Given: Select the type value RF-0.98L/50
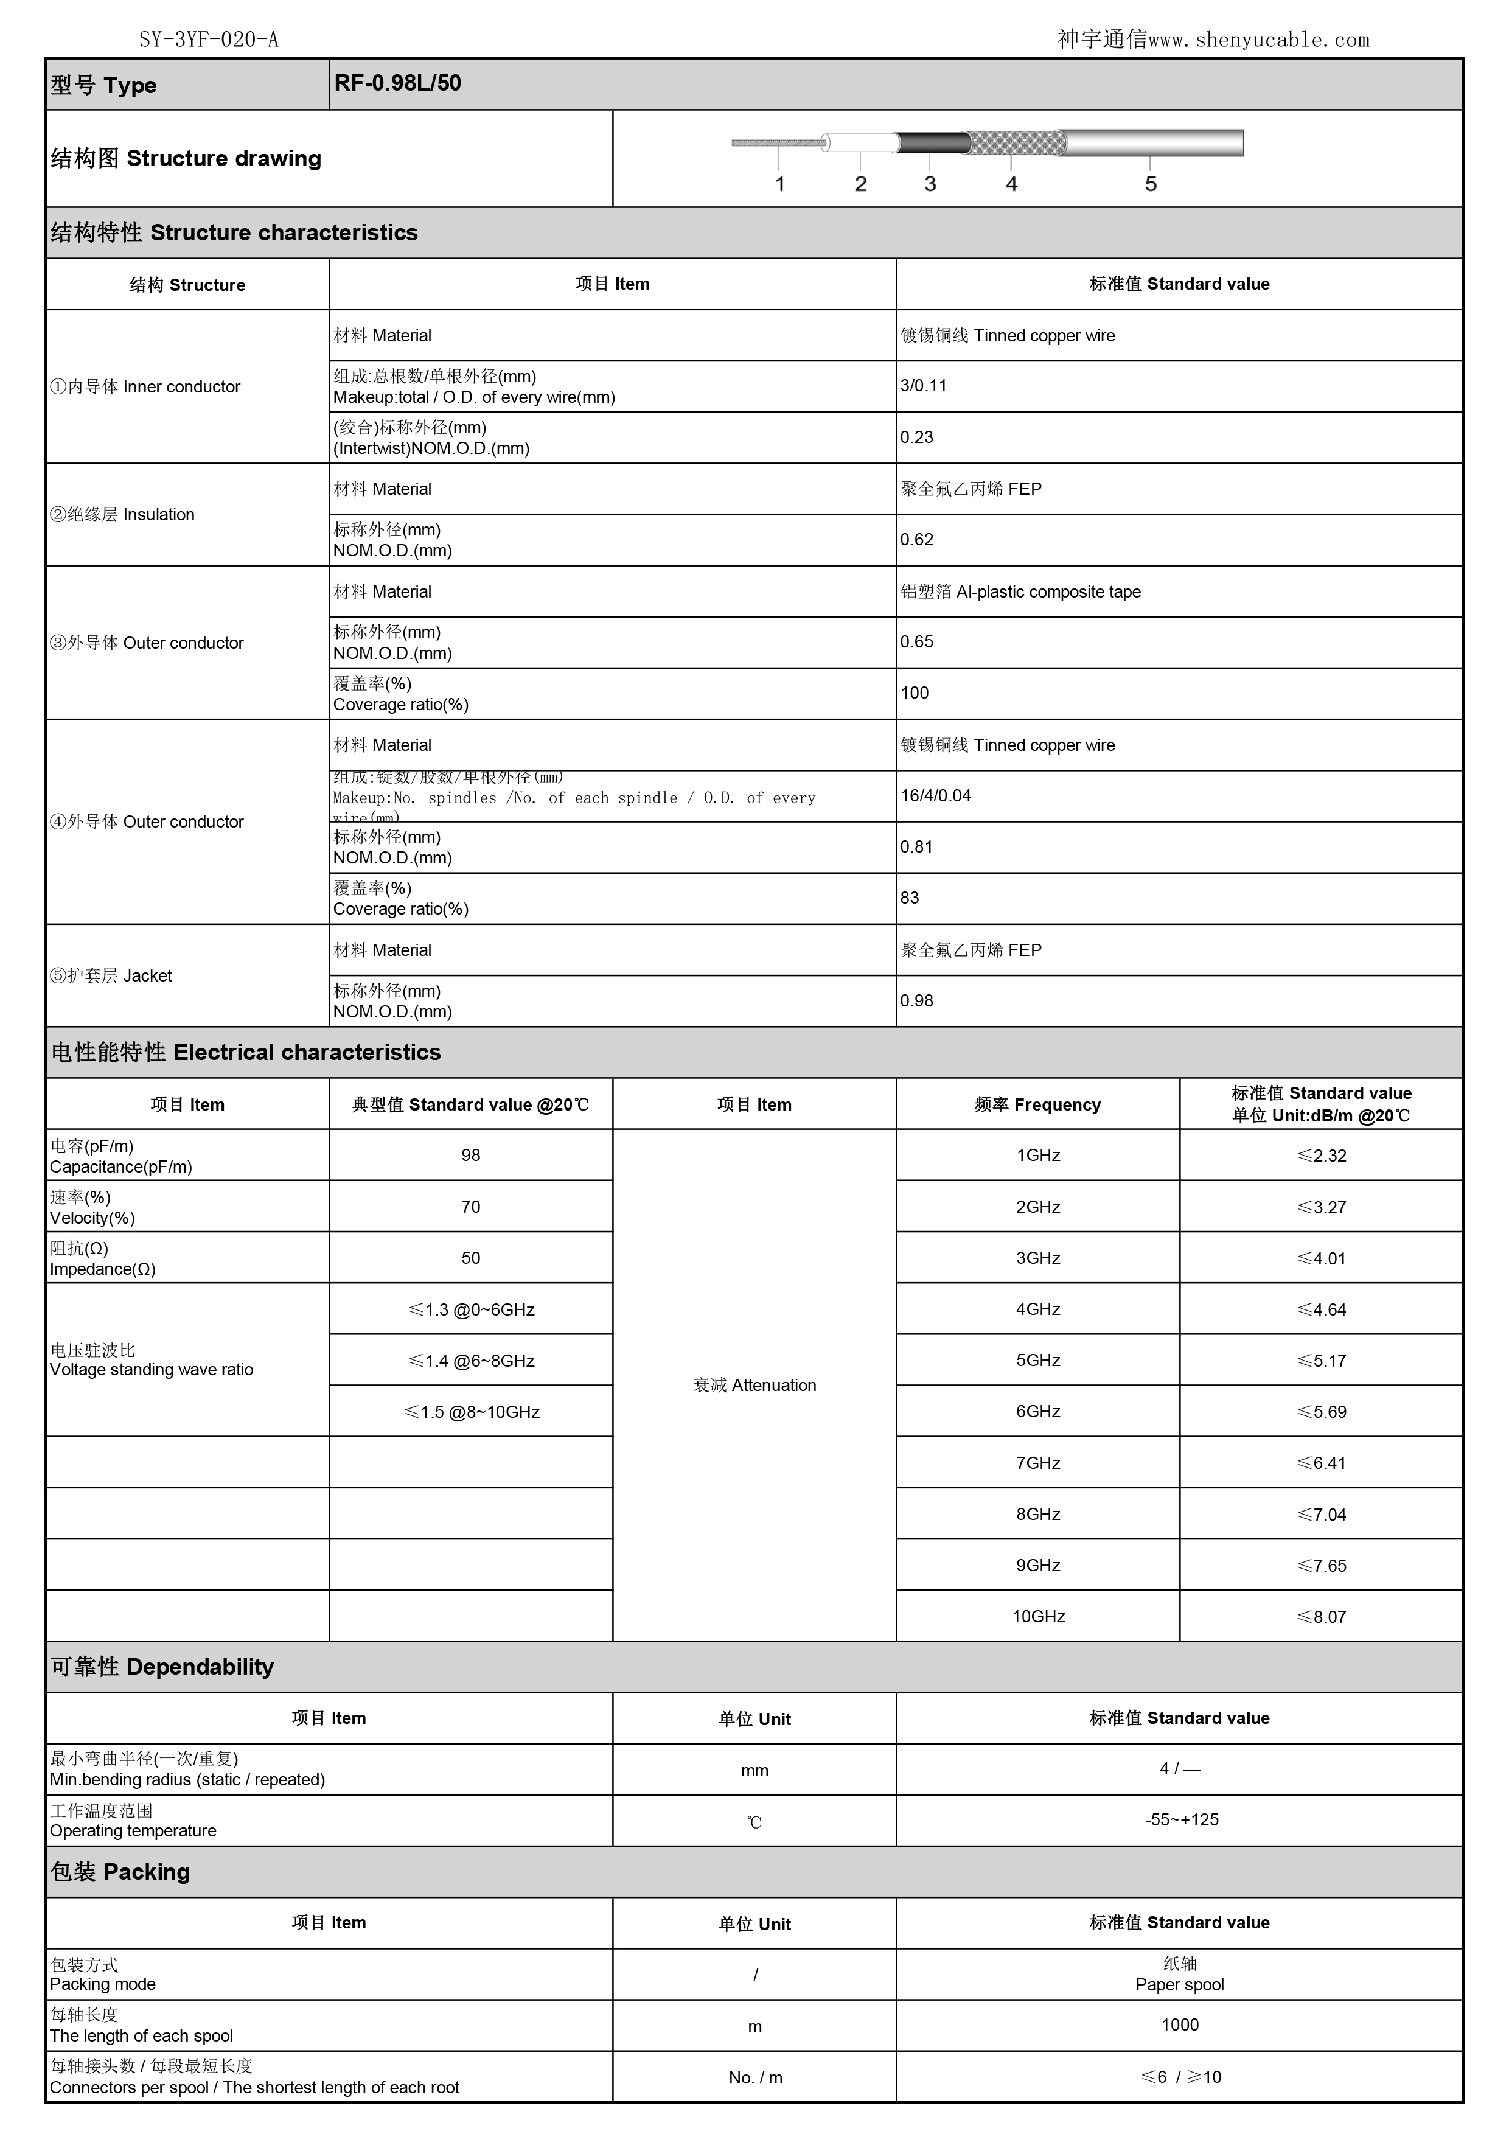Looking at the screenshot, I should point(398,83).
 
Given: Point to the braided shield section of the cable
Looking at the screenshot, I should point(1017,143).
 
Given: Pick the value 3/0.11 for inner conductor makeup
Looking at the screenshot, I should point(924,386).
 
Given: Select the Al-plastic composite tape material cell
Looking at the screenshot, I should point(1020,592).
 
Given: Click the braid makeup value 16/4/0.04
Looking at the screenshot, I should point(936,795).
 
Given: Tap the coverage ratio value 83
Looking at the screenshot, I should point(910,898).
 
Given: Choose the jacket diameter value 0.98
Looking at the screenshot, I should point(916,1001).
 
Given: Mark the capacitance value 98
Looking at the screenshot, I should point(471,1156).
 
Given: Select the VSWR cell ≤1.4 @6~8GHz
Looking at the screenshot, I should point(471,1361).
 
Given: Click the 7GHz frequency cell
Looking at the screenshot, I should point(1038,1463).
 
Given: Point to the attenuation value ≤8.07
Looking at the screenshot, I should point(1322,1617).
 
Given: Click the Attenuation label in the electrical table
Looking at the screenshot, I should point(755,1385).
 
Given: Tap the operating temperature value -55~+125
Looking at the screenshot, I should point(1181,1820).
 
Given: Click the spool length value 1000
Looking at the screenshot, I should point(1179,2025).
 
